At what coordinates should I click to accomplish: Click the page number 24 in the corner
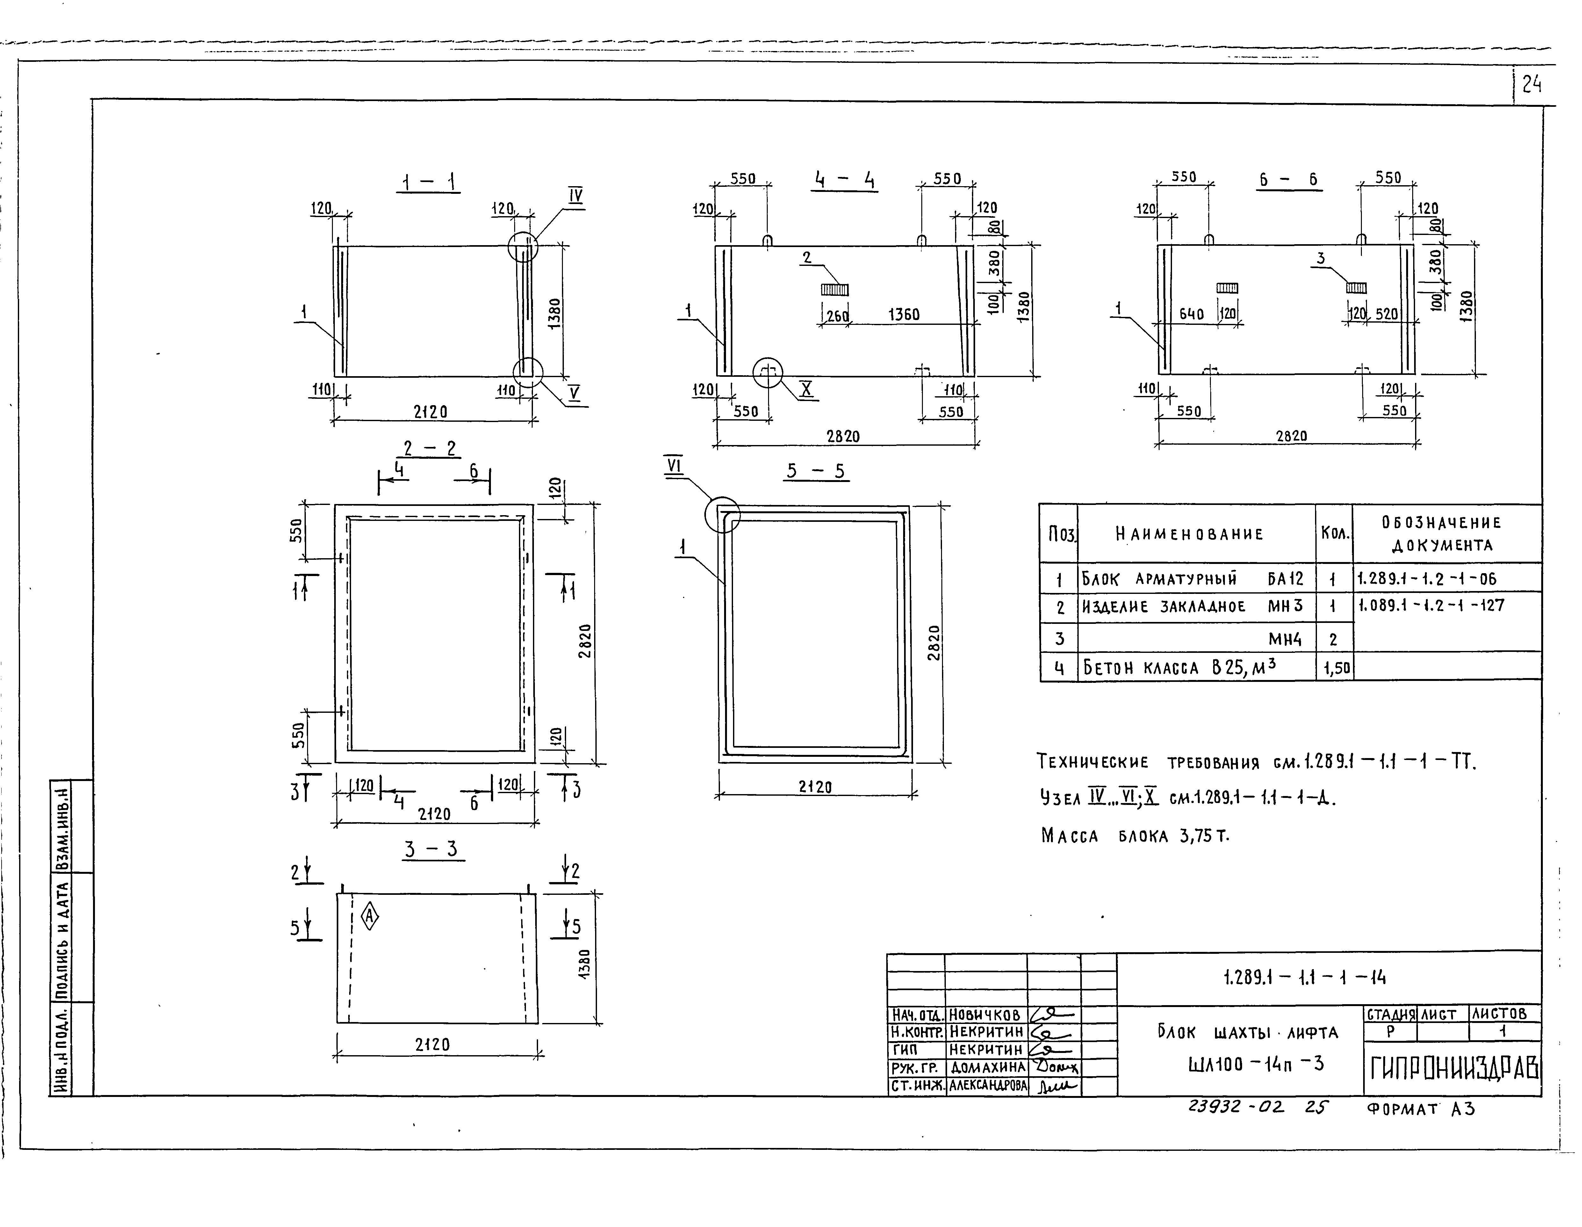[1531, 85]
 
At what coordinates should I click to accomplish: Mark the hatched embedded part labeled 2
[834, 289]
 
